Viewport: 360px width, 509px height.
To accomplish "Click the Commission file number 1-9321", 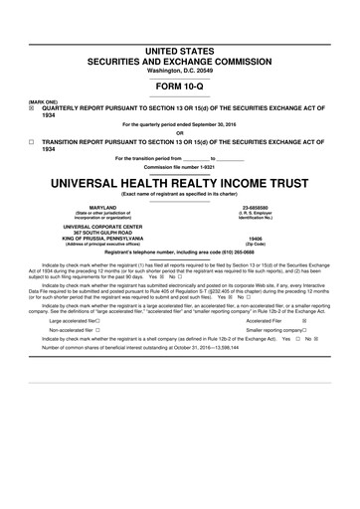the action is [179, 167].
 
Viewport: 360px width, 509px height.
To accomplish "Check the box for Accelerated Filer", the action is [304, 321].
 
